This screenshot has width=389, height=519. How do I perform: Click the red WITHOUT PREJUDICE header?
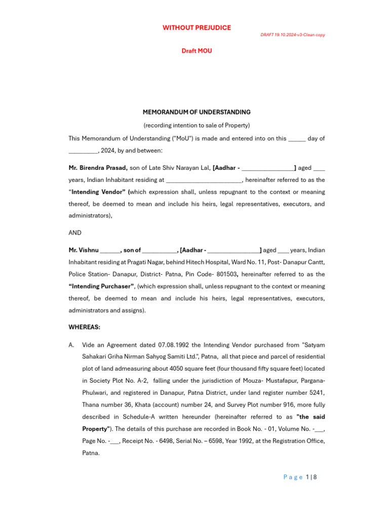tap(197, 28)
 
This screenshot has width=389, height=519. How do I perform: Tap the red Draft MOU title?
tap(197, 51)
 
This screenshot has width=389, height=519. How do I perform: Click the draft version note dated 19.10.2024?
tap(292, 34)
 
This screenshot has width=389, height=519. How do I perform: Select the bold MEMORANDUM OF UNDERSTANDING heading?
tap(197, 112)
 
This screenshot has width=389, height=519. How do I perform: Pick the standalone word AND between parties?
tap(75, 233)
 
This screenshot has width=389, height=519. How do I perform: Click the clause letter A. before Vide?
tap(71, 345)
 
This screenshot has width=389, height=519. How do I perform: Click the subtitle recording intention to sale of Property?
tap(197, 125)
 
